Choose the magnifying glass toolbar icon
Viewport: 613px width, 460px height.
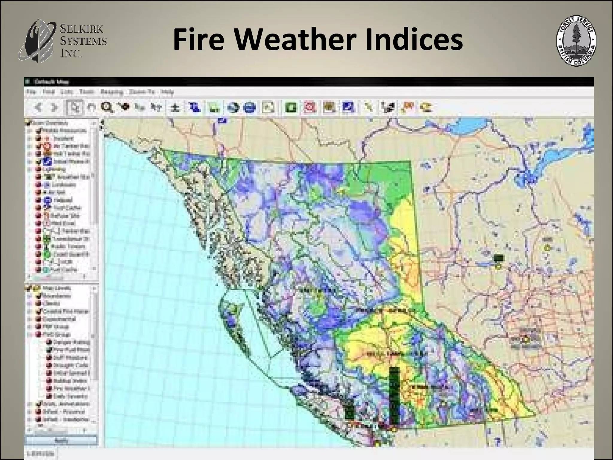coord(107,107)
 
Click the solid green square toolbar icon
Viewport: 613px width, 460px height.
coord(291,107)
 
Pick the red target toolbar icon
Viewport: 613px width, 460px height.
coord(310,107)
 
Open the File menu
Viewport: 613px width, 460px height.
coord(31,92)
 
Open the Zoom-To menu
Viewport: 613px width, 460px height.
coord(142,92)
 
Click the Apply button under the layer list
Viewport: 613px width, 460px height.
coord(61,441)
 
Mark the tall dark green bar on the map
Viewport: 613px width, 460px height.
coord(394,395)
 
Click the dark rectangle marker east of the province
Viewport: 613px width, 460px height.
coord(498,258)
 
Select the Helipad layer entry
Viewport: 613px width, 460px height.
coord(63,200)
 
